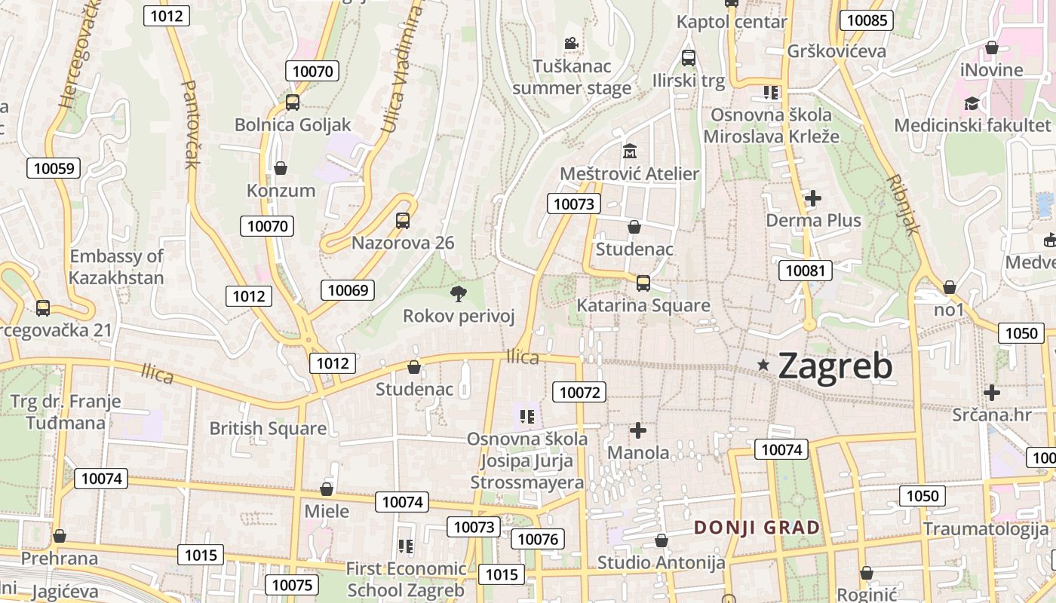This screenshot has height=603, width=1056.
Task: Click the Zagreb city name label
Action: click(x=835, y=366)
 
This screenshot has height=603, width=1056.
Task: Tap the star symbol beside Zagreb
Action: click(x=763, y=365)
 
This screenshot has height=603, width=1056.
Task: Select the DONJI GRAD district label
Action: click(x=757, y=528)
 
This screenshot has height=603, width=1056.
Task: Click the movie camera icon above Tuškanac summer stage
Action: click(x=571, y=44)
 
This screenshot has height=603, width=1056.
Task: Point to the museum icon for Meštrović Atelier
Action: click(x=630, y=152)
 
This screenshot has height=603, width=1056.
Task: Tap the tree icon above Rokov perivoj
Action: click(x=458, y=293)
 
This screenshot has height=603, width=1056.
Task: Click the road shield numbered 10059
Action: click(x=53, y=168)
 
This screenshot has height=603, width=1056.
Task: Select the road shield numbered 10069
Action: click(x=348, y=290)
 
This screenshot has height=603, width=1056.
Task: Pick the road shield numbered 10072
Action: click(x=579, y=392)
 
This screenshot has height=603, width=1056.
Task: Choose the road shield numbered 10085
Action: click(x=867, y=20)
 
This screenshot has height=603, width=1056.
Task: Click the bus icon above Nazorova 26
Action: click(x=403, y=221)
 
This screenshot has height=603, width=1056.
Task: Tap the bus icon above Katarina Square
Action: click(x=643, y=283)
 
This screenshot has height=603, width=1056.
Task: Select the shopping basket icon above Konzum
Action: click(x=281, y=168)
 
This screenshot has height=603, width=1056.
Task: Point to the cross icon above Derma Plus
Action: click(x=813, y=199)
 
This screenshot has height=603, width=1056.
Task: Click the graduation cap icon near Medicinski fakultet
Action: click(x=972, y=103)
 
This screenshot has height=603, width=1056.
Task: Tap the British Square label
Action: click(x=268, y=429)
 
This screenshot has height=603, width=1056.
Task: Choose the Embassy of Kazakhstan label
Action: click(x=116, y=267)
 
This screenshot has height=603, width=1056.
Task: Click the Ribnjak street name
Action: click(x=902, y=205)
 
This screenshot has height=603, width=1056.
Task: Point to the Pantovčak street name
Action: click(x=189, y=124)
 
